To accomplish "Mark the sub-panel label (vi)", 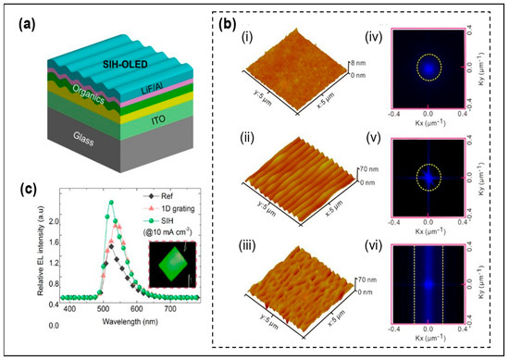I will pos(367,243).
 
